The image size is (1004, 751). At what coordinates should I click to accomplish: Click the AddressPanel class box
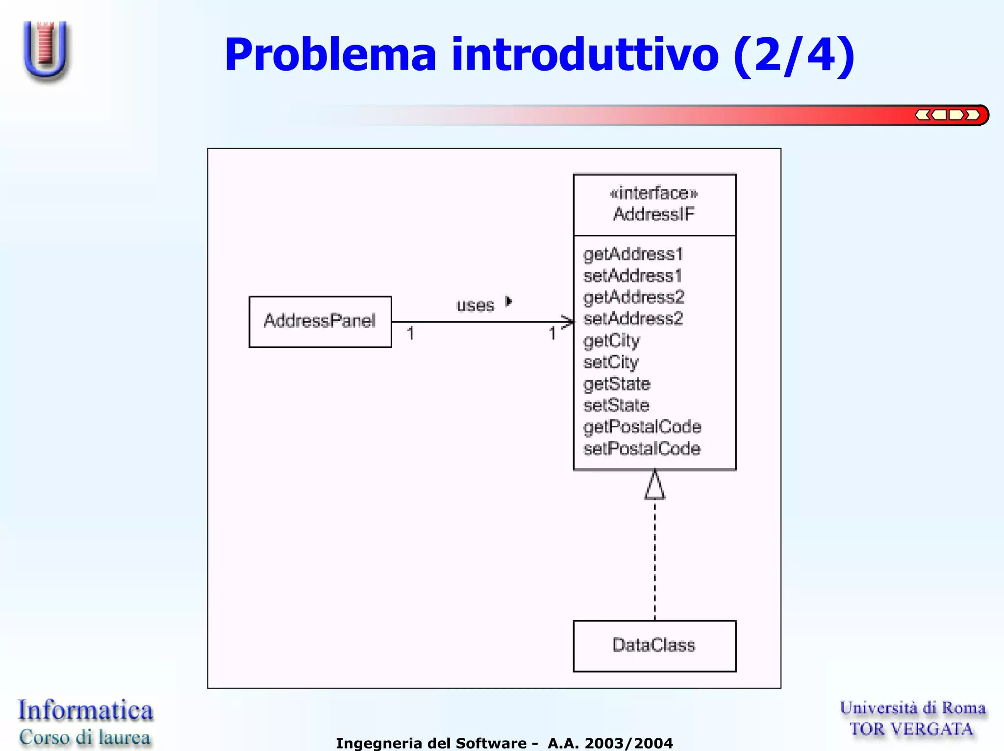pyautogui.click(x=320, y=322)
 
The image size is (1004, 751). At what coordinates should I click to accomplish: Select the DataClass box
pyautogui.click(x=654, y=646)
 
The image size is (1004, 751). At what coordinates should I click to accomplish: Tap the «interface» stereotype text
pyautogui.click(x=653, y=193)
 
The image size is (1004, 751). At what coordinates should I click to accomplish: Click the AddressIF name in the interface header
pyautogui.click(x=653, y=214)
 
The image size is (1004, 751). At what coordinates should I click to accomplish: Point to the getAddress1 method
pyautogui.click(x=633, y=254)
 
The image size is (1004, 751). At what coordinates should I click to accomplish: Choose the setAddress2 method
pyautogui.click(x=633, y=319)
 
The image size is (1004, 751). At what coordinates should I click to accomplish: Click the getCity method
pyautogui.click(x=611, y=340)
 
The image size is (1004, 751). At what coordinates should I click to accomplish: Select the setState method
pyautogui.click(x=616, y=406)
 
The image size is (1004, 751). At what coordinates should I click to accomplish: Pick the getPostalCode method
pyautogui.click(x=642, y=427)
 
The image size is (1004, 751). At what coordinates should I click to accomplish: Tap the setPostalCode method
pyautogui.click(x=642, y=448)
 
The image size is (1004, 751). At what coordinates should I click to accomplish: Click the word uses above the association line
pyautogui.click(x=475, y=306)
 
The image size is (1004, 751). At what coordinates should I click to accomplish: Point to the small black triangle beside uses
pyautogui.click(x=509, y=301)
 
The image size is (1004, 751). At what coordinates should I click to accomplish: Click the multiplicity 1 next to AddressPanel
pyautogui.click(x=411, y=334)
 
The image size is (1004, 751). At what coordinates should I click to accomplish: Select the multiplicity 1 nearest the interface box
pyautogui.click(x=552, y=334)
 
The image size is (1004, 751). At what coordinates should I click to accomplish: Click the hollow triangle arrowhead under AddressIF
pyautogui.click(x=654, y=486)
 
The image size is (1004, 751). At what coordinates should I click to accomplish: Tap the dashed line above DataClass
pyautogui.click(x=654, y=559)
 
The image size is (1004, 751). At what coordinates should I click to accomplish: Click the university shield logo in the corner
pyautogui.click(x=46, y=50)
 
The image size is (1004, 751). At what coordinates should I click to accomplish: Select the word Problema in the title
pyautogui.click(x=330, y=55)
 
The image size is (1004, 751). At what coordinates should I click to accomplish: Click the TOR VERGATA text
pyautogui.click(x=911, y=729)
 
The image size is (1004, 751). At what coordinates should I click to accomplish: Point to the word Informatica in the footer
pyautogui.click(x=86, y=710)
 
